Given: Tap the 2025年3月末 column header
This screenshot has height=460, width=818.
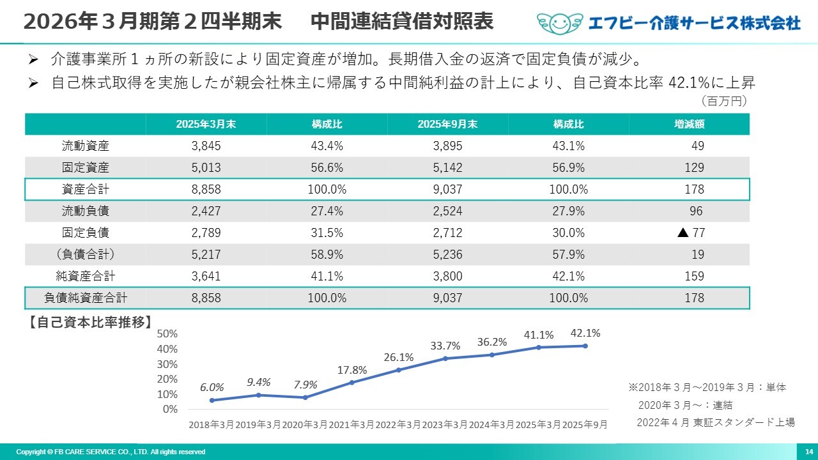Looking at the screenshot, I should click(x=206, y=124).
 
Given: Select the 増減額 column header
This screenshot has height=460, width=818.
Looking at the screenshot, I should click(x=689, y=124).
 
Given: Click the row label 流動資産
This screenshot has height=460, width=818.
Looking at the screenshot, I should click(x=86, y=146).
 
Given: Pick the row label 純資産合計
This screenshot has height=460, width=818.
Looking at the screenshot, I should click(x=86, y=276).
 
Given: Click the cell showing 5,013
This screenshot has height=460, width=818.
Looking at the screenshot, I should click(x=206, y=167).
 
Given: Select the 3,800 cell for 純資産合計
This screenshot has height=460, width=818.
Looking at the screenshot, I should click(x=447, y=276).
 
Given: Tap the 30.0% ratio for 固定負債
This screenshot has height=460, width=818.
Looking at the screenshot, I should click(x=568, y=233).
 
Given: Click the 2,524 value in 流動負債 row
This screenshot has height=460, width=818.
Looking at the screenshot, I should click(x=447, y=211).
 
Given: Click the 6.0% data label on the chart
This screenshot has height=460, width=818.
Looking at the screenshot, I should click(x=212, y=387).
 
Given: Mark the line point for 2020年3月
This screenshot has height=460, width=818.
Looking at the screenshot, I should click(x=305, y=397).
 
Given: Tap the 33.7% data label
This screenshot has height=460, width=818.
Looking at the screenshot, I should click(x=445, y=346).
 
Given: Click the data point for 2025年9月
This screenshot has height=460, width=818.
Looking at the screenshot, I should click(x=585, y=346).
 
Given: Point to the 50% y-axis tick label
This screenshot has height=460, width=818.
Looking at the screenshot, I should click(x=167, y=333).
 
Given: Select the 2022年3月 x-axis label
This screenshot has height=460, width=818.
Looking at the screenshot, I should click(x=398, y=424).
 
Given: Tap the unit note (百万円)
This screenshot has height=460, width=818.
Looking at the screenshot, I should click(x=724, y=101).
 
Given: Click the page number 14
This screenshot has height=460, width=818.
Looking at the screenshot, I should click(x=808, y=452).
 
